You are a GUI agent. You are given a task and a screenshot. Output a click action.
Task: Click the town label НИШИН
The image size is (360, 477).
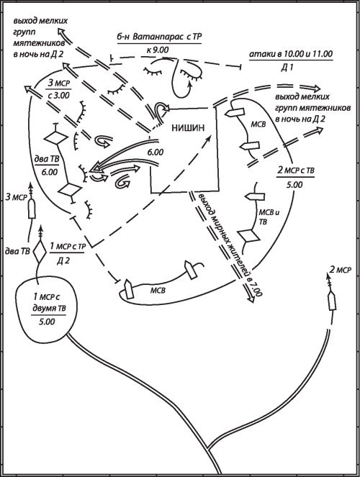point(187,128)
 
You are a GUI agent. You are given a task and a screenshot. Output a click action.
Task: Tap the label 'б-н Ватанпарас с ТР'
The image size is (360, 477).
point(159,37)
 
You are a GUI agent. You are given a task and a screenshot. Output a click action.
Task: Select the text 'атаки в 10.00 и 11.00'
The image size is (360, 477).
point(291,54)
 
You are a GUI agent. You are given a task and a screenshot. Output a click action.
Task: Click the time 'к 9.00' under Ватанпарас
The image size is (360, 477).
point(158,50)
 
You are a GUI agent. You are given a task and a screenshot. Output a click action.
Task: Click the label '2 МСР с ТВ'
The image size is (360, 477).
point(296,171)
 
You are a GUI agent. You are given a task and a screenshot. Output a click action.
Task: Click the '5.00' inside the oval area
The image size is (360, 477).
point(47,322)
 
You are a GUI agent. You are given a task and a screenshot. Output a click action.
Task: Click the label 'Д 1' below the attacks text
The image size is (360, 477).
point(287,68)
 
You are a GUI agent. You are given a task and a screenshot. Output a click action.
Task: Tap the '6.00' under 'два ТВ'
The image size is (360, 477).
point(49,172)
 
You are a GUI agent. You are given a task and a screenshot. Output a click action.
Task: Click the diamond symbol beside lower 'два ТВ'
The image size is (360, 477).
point(40,252)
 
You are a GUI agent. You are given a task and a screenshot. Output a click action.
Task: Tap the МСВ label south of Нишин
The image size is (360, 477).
point(158,291)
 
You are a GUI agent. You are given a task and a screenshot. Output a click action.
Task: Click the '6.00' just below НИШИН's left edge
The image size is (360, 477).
point(156,152)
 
